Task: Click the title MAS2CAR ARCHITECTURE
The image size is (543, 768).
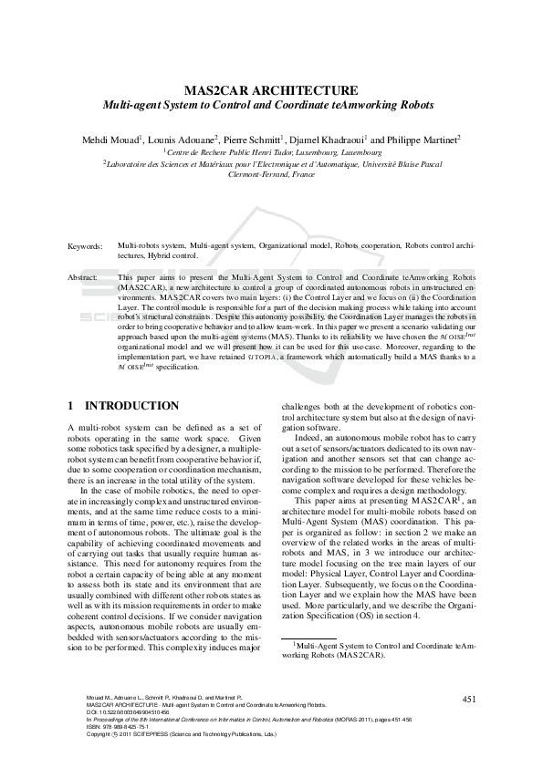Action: click(271, 90)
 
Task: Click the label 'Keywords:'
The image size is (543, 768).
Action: click(86, 246)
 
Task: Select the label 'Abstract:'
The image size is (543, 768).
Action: click(85, 275)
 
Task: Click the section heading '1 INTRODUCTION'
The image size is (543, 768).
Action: click(123, 405)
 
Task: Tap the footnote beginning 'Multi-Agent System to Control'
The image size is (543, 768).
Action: click(379, 649)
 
